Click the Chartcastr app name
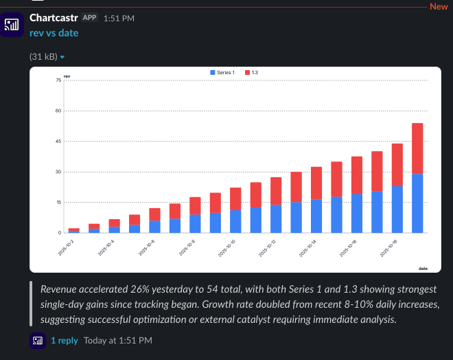54,17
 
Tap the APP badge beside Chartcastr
90,17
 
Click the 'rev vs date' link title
54,32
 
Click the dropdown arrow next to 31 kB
62,57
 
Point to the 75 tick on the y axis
58,80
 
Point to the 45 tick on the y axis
58,142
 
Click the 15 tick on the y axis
58,202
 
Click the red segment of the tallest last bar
417,148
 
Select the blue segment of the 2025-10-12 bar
275,218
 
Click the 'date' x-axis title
423,267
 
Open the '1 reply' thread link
65,340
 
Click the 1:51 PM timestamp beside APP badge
119,18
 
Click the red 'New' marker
439,6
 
